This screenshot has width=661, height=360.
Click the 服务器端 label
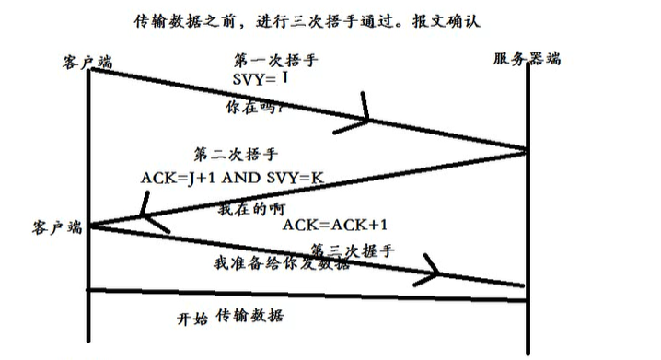(x=527, y=59)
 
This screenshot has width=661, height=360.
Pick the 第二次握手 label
(x=236, y=154)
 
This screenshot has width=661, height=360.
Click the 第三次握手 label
(x=353, y=249)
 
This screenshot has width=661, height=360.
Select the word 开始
(x=193, y=319)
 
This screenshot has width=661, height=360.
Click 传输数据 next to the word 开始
(x=249, y=317)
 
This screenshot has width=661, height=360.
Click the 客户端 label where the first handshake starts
(x=88, y=60)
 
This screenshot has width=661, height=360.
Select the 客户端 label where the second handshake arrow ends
(x=58, y=227)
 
